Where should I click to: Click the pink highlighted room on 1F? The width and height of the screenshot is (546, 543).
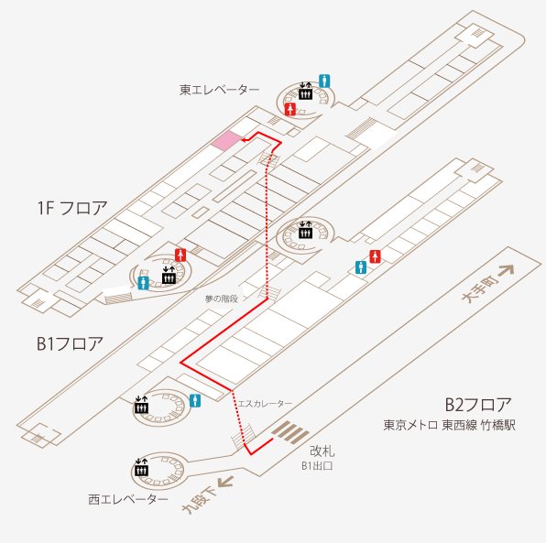click(x=226, y=141)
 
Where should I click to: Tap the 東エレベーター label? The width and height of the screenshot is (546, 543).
click(x=219, y=90)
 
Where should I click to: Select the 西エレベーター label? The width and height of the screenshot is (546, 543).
click(x=128, y=499)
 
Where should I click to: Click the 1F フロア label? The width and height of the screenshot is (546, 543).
click(x=72, y=208)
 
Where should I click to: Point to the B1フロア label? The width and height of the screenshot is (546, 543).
click(x=70, y=343)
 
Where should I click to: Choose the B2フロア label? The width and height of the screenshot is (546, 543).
click(x=478, y=405)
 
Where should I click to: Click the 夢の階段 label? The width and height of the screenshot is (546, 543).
click(x=221, y=299)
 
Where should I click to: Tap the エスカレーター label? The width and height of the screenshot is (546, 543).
click(x=265, y=404)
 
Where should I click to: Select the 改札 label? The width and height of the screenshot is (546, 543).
click(x=322, y=451)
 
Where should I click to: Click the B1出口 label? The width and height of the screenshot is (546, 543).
click(x=317, y=466)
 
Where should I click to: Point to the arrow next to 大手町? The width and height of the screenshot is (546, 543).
click(x=506, y=270)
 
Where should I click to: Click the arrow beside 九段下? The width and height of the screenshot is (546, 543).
click(x=225, y=483)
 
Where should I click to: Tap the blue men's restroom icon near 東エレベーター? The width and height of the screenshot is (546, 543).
click(x=324, y=81)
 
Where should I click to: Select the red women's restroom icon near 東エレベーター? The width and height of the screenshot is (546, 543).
click(x=290, y=109)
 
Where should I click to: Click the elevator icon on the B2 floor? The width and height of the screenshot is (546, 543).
click(x=142, y=467)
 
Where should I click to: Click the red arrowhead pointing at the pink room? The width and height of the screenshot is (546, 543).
click(x=244, y=140)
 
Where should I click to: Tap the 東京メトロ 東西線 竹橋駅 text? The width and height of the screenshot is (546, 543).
click(x=449, y=426)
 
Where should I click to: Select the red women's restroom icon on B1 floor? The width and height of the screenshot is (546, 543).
click(x=375, y=256)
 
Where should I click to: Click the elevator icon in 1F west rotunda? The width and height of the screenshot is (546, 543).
click(x=169, y=276)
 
